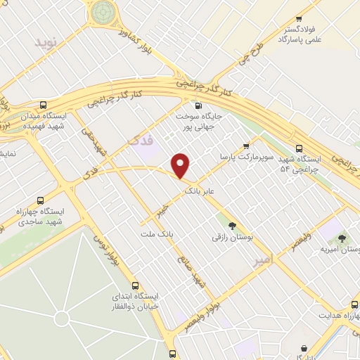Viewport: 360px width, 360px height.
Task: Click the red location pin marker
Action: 181,166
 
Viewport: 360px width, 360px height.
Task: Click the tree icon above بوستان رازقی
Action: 231,225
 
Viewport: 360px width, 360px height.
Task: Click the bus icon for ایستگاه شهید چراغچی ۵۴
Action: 300,148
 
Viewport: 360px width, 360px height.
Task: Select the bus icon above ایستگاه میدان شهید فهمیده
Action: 44,104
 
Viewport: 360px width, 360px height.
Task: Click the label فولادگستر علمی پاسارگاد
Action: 300,36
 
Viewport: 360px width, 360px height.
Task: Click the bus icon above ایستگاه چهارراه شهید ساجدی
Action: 39,200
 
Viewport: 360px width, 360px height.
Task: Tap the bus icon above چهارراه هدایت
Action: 354,304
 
